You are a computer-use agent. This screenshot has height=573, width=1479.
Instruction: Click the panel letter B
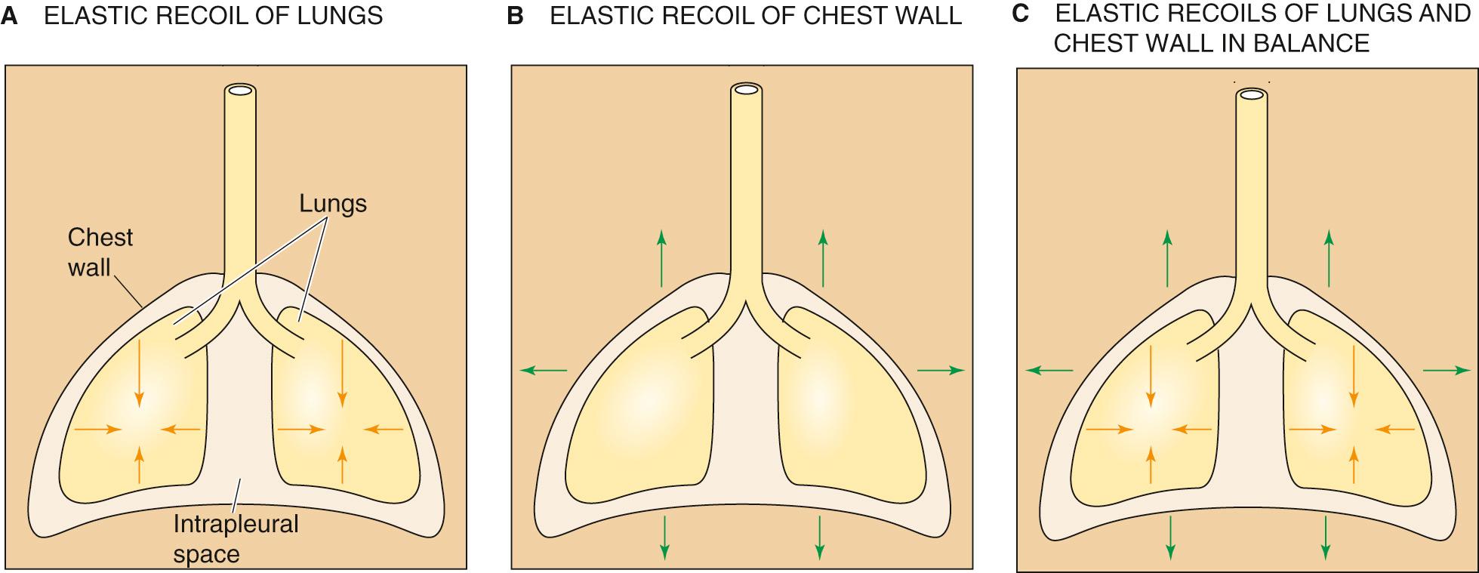pyautogui.click(x=516, y=16)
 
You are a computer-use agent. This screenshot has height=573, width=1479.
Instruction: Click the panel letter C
pyautogui.click(x=1021, y=14)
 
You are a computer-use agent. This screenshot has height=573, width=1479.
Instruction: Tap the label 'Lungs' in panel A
pyautogui.click(x=332, y=203)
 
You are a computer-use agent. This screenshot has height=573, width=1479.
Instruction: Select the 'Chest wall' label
pyautogui.click(x=100, y=252)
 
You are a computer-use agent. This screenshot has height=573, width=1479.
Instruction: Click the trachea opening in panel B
pyautogui.click(x=746, y=90)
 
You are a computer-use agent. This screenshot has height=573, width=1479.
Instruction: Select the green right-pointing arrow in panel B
pyautogui.click(x=941, y=370)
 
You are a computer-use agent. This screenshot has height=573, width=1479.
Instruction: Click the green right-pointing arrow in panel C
pyautogui.click(x=1447, y=370)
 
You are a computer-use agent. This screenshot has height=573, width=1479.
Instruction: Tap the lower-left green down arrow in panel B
pyautogui.click(x=664, y=537)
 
